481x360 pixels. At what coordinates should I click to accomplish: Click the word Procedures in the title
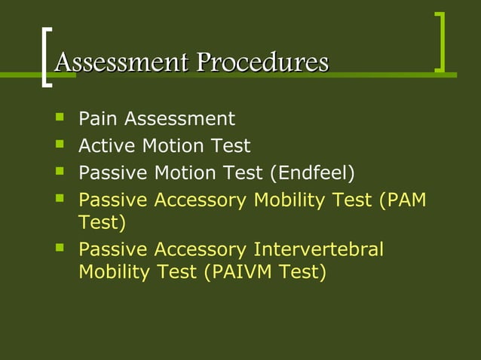tap(263, 63)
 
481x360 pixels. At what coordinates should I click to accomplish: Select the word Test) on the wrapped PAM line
tap(103, 223)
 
